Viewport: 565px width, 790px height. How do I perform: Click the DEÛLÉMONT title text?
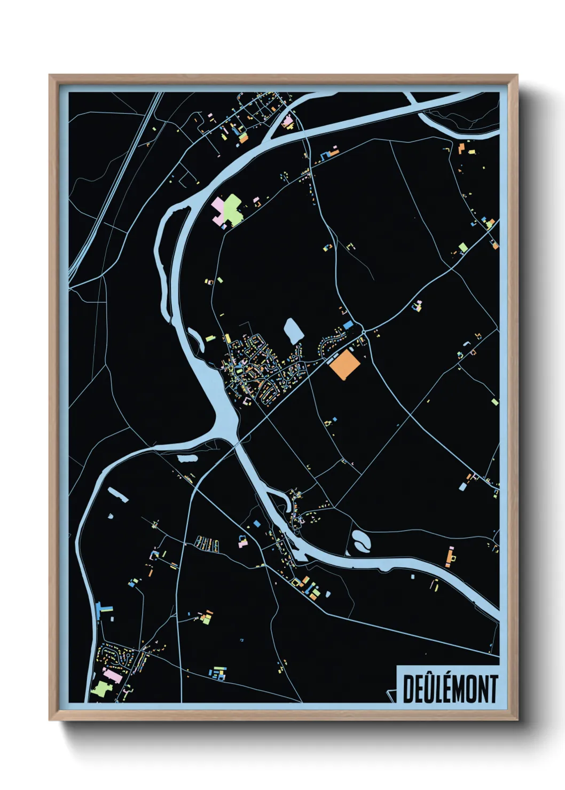coord(450,689)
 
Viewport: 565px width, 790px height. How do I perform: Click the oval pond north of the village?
coord(293,331)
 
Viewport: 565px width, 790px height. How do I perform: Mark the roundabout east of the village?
coord(364,331)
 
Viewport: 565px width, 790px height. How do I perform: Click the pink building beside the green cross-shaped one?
coord(218,207)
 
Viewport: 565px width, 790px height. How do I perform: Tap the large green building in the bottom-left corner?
coord(100,688)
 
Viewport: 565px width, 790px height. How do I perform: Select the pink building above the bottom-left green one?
coord(113,676)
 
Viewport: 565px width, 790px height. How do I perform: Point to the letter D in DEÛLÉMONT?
coord(409,689)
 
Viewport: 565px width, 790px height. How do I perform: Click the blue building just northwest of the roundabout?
coord(348,325)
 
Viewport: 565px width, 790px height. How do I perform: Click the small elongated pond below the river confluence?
coord(187,458)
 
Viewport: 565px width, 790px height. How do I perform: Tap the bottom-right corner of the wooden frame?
coord(516,720)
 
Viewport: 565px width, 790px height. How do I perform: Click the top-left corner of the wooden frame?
coord(50,75)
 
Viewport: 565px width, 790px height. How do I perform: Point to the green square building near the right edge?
coord(462,247)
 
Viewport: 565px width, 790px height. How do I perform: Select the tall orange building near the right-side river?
coord(449,557)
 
